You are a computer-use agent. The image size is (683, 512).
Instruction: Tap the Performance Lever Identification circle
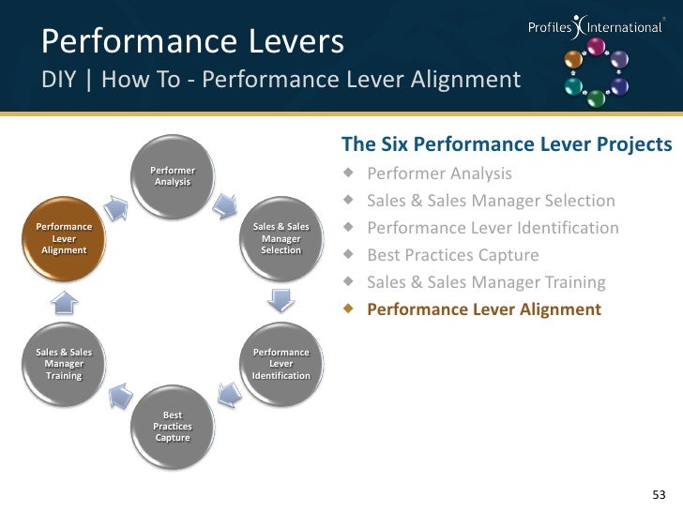(281, 363)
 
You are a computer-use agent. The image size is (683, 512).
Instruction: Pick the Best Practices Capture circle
(173, 426)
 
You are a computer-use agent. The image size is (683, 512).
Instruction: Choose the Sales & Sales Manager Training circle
(64, 363)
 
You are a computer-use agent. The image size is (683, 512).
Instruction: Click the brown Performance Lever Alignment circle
(64, 238)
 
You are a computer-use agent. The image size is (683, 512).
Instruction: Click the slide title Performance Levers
(193, 40)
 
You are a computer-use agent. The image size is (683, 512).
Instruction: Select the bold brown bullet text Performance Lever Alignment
(483, 309)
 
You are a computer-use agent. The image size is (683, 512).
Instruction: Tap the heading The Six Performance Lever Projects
(507, 144)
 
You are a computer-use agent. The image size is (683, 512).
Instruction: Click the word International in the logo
(625, 27)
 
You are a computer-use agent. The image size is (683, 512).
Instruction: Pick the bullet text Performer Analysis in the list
(439, 173)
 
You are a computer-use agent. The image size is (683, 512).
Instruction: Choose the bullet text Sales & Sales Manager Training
(486, 282)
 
